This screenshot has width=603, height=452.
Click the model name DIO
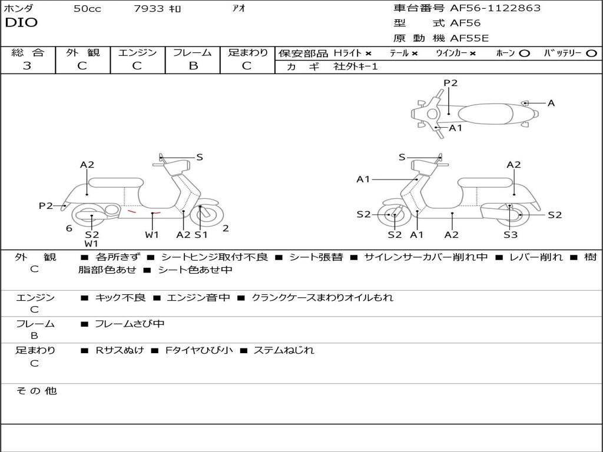click(21, 22)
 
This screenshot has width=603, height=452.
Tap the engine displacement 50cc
click(87, 9)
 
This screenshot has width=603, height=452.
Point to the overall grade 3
click(27, 66)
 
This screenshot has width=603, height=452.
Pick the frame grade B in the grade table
click(193, 66)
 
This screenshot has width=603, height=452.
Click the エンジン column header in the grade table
click(138, 52)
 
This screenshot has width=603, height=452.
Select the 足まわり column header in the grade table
click(248, 52)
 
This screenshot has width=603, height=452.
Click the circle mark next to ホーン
click(525, 54)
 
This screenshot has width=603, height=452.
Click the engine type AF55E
click(469, 38)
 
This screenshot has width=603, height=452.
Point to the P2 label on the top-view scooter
click(450, 83)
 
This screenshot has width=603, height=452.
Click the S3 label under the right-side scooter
click(510, 235)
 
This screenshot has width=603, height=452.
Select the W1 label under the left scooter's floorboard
click(152, 235)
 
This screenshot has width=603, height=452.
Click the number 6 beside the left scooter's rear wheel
click(69, 228)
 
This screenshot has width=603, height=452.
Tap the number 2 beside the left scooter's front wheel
click(226, 228)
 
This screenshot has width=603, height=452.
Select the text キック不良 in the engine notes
click(120, 297)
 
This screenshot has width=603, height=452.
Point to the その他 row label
click(37, 391)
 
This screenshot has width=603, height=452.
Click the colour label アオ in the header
click(238, 9)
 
